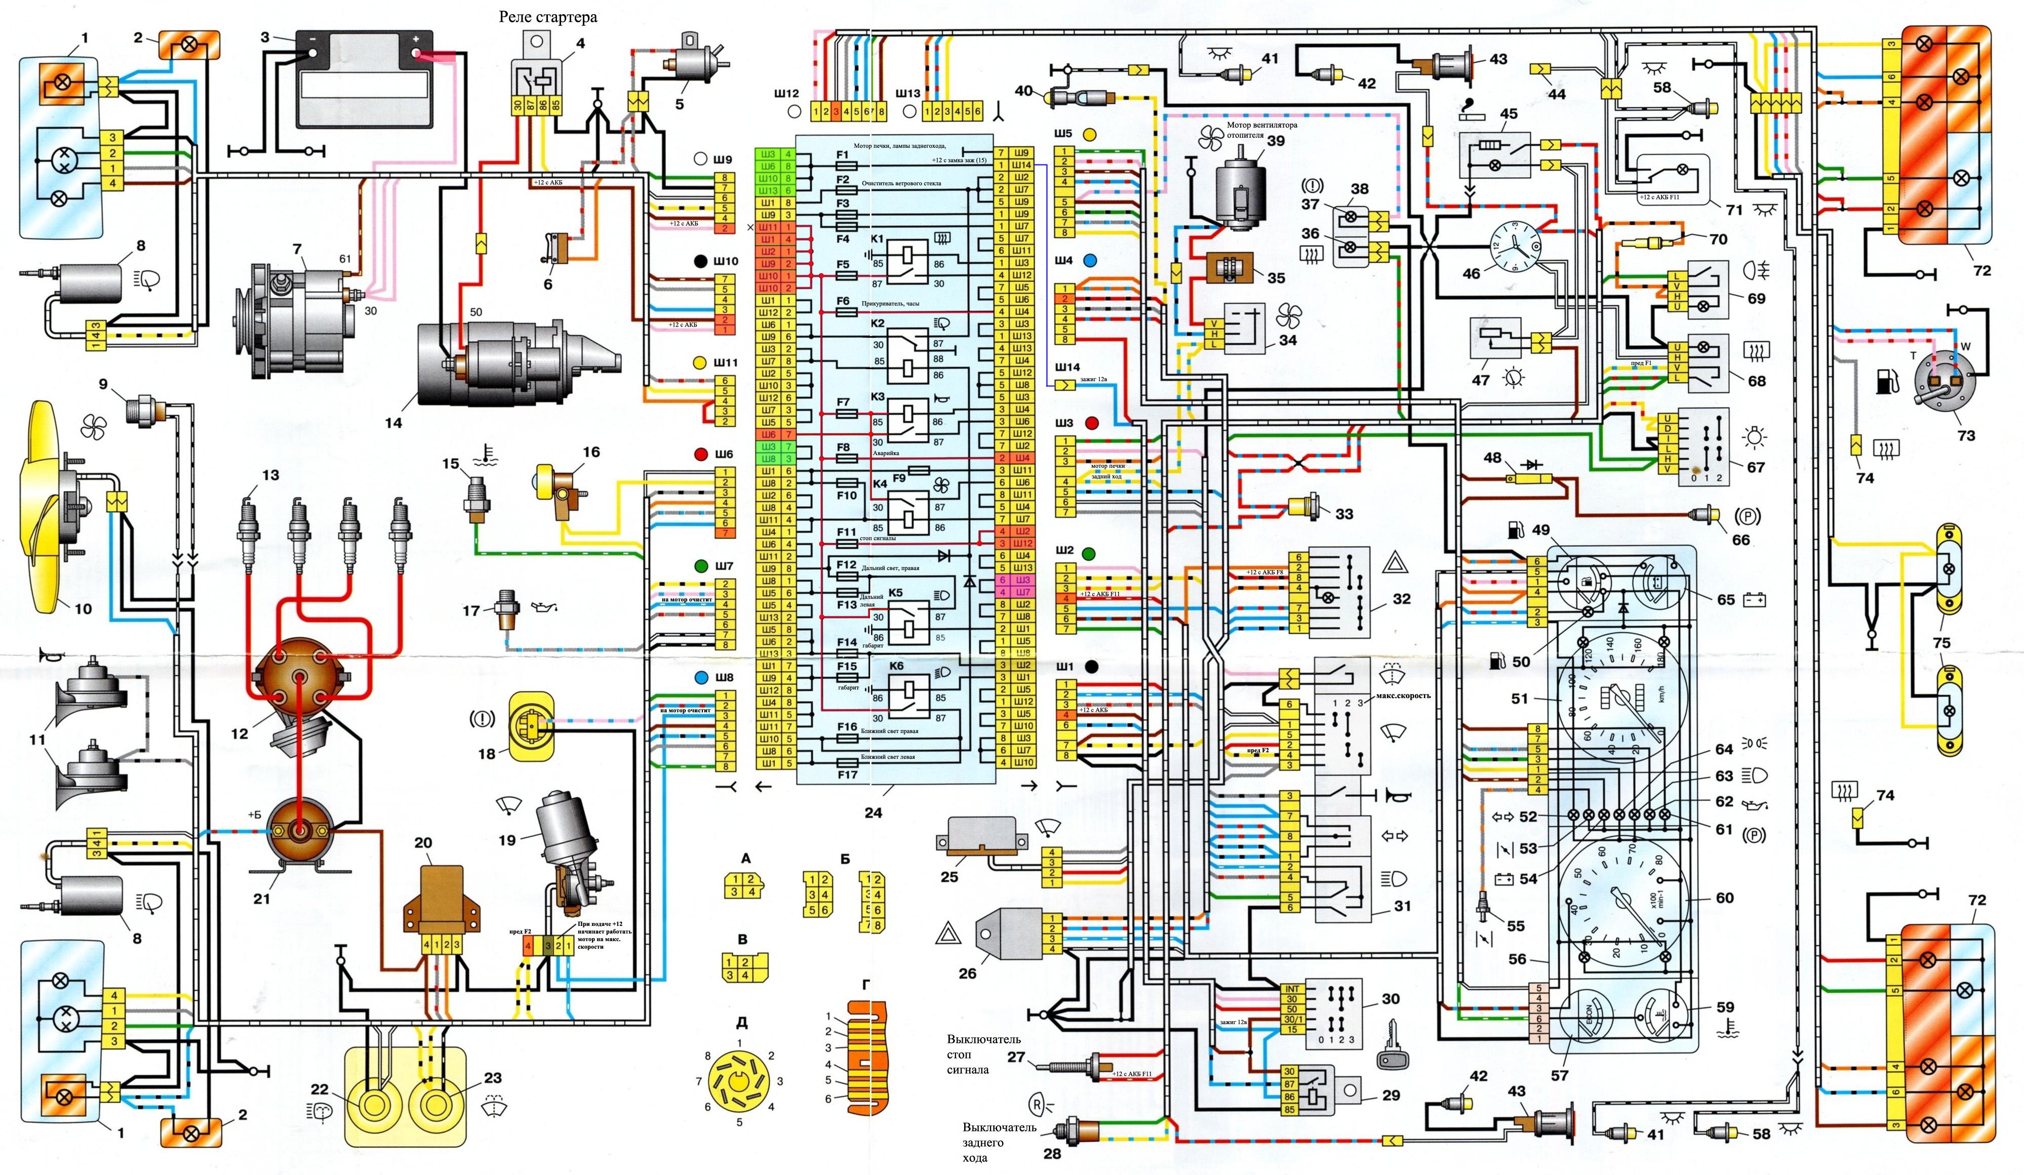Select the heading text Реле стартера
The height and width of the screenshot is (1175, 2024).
coord(548,16)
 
